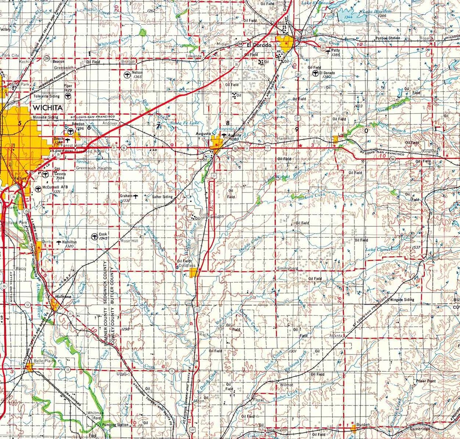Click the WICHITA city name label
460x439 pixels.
(48, 108)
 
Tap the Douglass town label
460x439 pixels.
(188, 266)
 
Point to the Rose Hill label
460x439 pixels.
(129, 241)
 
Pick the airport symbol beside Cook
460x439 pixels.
(94, 236)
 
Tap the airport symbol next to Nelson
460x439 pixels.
(127, 74)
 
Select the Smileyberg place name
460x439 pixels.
(287, 268)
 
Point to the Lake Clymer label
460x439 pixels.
(378, 250)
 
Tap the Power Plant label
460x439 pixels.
(426, 381)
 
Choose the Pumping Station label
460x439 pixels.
(115, 425)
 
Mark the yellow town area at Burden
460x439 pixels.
(353, 428)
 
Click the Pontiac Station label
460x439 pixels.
(388, 38)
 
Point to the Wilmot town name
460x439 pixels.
(286, 385)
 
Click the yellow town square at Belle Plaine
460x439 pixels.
(29, 367)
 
